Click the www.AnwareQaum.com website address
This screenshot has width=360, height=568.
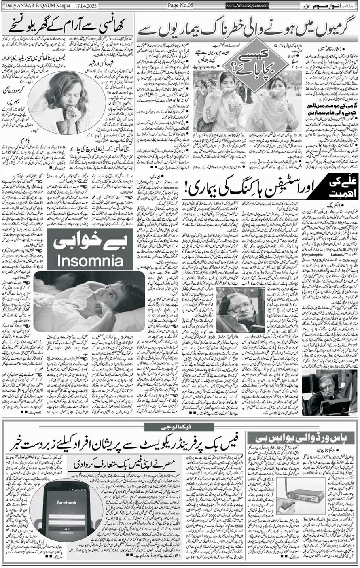pyautogui.click(x=247, y=6)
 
